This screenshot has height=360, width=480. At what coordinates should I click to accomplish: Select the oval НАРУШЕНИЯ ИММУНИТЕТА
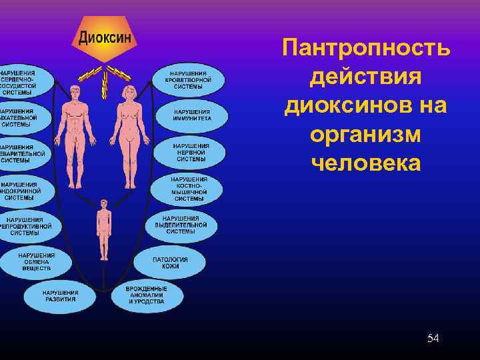click(191, 115)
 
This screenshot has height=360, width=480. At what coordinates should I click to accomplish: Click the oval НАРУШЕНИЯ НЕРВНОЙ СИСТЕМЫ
click(191, 151)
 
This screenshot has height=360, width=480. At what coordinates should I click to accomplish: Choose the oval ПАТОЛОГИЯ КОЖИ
click(170, 263)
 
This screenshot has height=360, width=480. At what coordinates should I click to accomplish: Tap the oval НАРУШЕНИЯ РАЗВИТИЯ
click(60, 295)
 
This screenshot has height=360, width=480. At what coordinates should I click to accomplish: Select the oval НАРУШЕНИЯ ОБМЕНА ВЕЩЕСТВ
click(37, 261)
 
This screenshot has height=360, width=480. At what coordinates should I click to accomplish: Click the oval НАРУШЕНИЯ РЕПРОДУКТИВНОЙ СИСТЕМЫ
click(27, 225)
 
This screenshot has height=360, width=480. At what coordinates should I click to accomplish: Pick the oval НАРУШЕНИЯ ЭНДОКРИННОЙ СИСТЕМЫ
click(23, 189)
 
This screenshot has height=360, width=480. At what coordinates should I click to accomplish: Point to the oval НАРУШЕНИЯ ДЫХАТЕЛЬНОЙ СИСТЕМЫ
click(20, 116)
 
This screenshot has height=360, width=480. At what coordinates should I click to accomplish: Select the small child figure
click(103, 227)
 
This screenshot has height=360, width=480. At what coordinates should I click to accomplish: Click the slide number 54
click(433, 339)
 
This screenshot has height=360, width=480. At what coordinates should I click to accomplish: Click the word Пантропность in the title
click(366, 48)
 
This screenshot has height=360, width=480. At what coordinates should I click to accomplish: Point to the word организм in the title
click(366, 134)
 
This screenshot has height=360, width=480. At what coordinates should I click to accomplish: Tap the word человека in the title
click(366, 163)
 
